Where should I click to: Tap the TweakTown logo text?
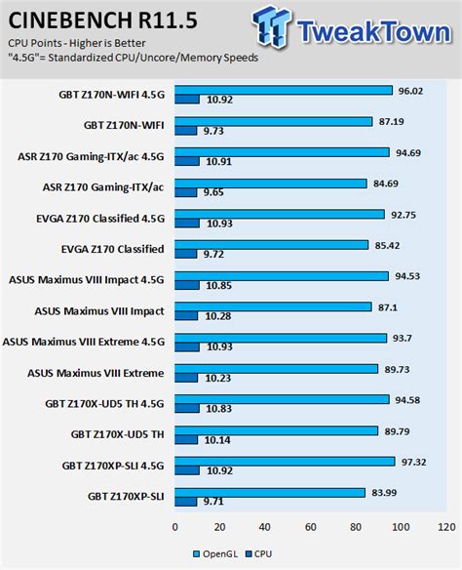pos(366,28)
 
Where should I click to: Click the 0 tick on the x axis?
pos(175,528)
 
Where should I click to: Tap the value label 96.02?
pos(408,90)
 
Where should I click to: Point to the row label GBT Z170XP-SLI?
pos(127,497)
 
